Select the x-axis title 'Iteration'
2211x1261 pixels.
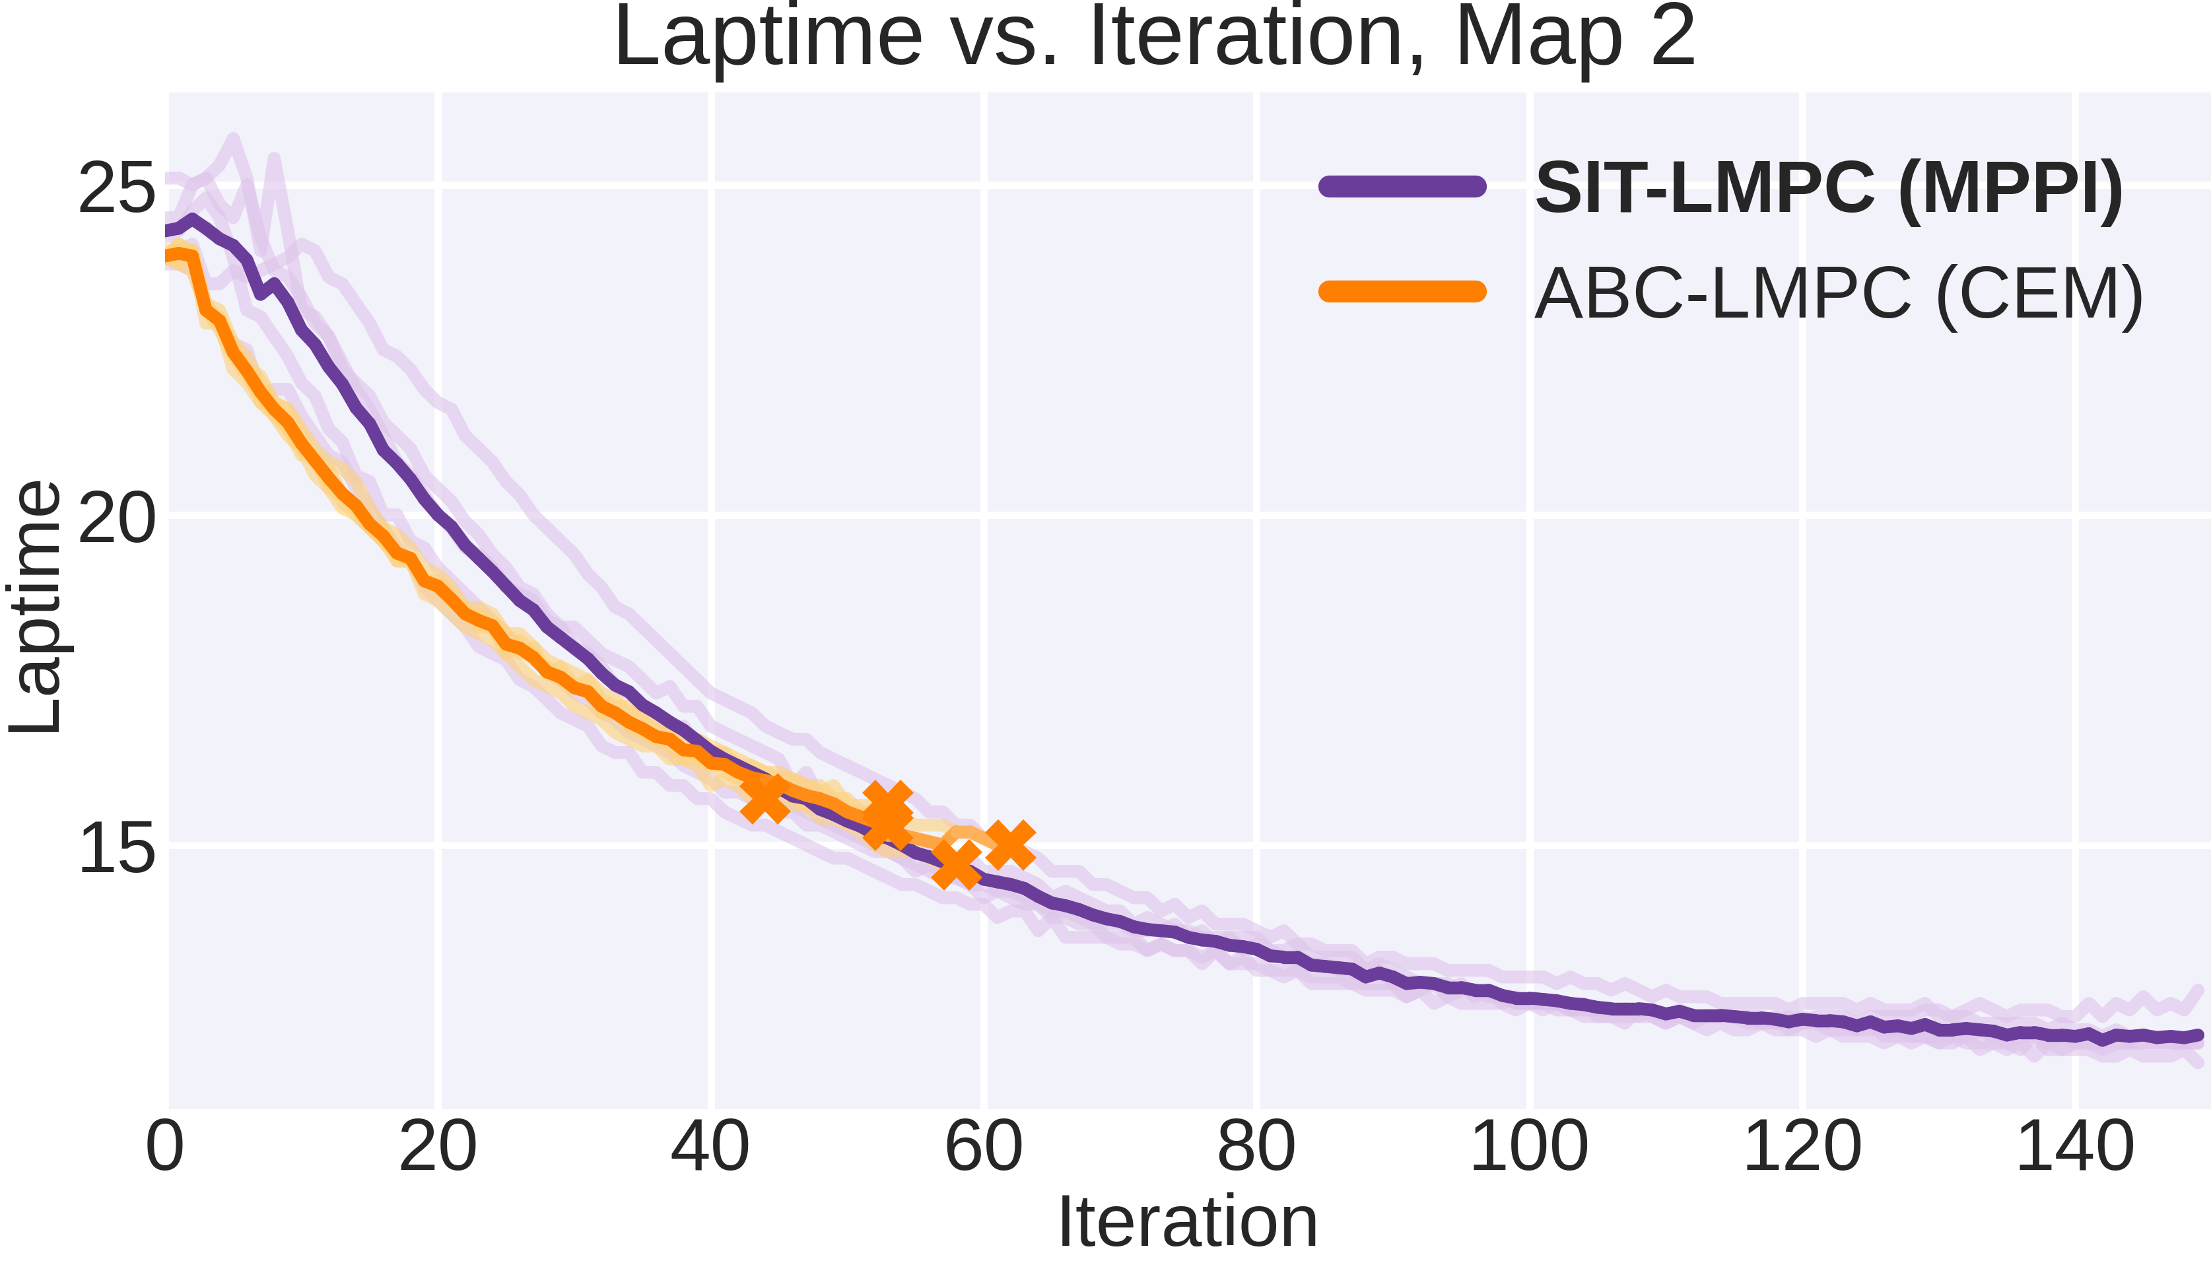coord(1188,1221)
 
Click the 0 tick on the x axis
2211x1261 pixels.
coord(164,1147)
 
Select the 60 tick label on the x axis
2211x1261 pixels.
coord(983,1147)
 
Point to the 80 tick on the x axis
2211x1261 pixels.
coord(1256,1147)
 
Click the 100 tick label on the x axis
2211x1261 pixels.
coord(1530,1147)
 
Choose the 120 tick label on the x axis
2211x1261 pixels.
coord(1802,1147)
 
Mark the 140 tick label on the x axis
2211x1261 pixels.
coord(2075,1147)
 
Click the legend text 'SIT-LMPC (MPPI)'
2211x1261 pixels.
coord(1828,188)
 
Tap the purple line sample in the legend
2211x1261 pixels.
coord(1402,186)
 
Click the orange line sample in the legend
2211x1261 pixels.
coord(1402,291)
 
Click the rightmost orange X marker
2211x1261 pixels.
coord(1010,844)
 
